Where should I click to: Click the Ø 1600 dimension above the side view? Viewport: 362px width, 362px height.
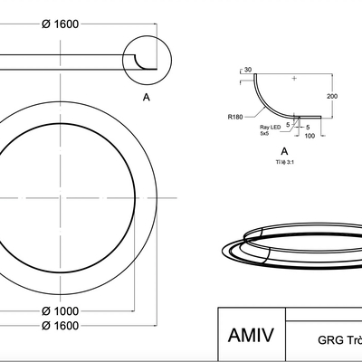click(x=61, y=24)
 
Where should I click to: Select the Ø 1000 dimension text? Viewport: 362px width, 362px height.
click(x=61, y=310)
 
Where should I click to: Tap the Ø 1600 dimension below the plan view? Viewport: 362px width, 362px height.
click(x=61, y=326)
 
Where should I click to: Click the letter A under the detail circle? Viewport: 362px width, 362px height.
click(x=147, y=97)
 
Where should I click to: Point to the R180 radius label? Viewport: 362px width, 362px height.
click(x=235, y=117)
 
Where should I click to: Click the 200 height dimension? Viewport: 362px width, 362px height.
click(x=332, y=96)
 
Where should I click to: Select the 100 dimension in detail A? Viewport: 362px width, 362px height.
click(x=310, y=136)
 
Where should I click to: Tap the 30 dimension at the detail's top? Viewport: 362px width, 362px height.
click(x=248, y=70)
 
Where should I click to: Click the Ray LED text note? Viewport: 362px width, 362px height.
click(x=271, y=128)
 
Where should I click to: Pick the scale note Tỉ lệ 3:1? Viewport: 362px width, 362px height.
click(x=284, y=162)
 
